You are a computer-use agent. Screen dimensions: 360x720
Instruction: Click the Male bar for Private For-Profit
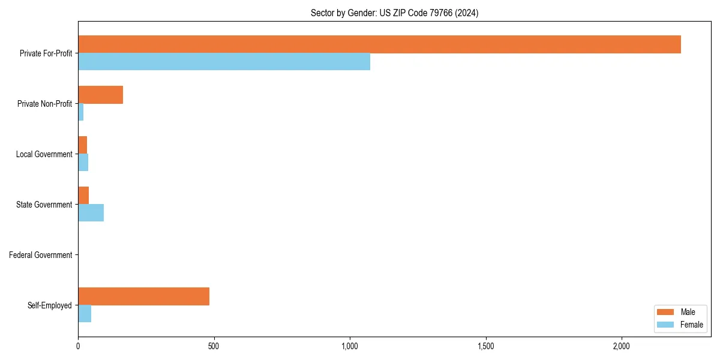click(379, 44)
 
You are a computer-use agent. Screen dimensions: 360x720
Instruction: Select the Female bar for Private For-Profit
click(224, 62)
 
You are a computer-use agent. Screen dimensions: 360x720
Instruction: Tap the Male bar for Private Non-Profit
click(100, 95)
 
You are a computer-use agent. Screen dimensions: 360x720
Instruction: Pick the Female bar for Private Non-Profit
click(81, 112)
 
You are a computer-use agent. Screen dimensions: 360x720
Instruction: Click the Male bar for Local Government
click(83, 145)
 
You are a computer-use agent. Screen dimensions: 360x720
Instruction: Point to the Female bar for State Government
click(91, 213)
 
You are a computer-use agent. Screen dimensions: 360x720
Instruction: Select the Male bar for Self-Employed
click(143, 296)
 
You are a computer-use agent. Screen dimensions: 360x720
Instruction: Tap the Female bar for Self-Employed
click(85, 314)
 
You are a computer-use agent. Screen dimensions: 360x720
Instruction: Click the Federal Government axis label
click(41, 255)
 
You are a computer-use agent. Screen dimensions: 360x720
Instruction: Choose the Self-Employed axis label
click(50, 305)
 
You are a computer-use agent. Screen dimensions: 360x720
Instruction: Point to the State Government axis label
click(44, 205)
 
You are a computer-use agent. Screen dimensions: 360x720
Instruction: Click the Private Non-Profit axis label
click(45, 104)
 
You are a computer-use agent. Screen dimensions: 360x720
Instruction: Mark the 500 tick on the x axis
click(214, 346)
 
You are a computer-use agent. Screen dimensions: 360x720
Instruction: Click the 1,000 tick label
click(350, 346)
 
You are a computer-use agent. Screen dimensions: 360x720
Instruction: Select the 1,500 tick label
click(486, 346)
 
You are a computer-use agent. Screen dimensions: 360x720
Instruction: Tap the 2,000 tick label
click(622, 346)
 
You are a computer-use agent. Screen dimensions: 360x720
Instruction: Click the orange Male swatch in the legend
click(666, 312)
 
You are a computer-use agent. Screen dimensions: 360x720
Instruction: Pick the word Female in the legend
click(692, 325)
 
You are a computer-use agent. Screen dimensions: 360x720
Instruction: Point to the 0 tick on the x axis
click(78, 346)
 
